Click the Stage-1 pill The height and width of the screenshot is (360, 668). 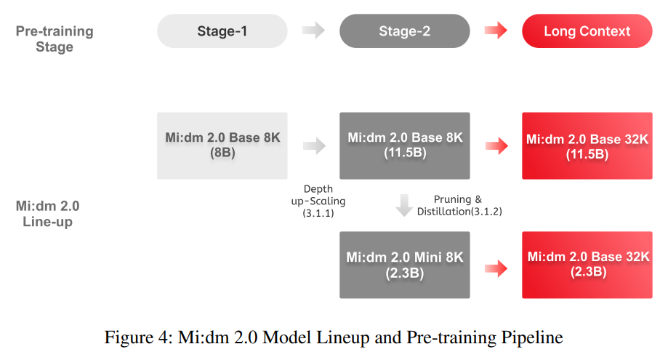(222, 31)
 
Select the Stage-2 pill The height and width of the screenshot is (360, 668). (404, 31)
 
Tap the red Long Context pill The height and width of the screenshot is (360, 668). (587, 31)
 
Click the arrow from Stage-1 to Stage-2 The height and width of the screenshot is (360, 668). (313, 31)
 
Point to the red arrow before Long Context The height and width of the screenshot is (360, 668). (496, 31)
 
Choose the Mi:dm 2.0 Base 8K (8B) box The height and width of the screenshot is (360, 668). (222, 145)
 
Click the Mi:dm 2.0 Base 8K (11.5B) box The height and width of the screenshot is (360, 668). (404, 145)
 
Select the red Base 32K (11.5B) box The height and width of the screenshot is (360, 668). (587, 145)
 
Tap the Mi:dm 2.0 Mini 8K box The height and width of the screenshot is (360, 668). (404, 265)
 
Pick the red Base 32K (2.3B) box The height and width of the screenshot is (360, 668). (587, 265)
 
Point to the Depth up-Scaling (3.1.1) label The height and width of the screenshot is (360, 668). (314, 201)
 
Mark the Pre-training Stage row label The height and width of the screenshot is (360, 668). (55, 39)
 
